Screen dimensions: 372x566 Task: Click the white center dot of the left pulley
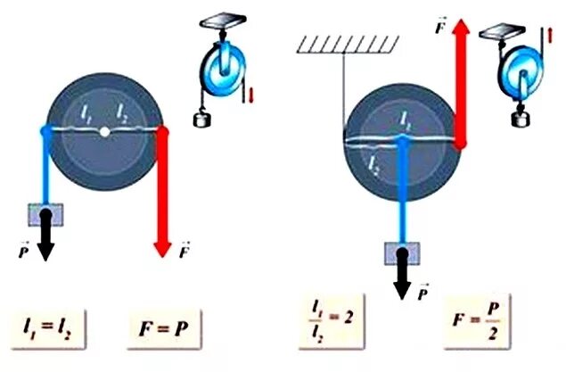105,132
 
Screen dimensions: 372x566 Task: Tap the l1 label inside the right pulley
406,118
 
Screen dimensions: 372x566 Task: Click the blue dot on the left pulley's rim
46,131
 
